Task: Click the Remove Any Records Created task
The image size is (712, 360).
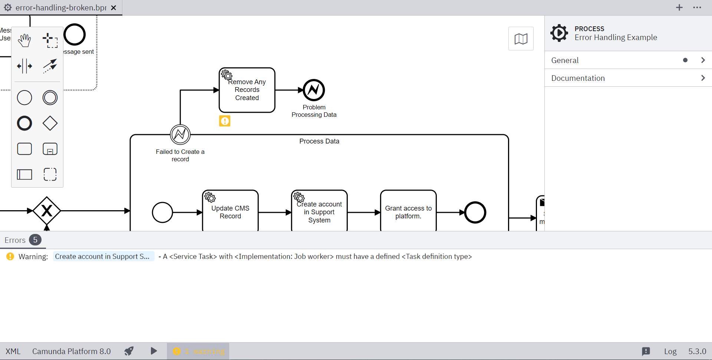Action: [x=247, y=90]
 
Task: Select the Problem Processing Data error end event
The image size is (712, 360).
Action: [x=314, y=90]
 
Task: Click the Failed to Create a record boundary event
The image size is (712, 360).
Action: [x=180, y=135]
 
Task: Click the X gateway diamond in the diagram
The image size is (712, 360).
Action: [x=47, y=211]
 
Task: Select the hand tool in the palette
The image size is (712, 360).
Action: [x=24, y=40]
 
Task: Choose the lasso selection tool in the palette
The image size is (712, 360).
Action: [x=50, y=40]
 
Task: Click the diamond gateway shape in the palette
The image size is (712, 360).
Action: [x=50, y=123]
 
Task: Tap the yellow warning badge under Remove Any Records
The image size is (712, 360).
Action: [x=225, y=121]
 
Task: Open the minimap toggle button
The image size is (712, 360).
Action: [x=521, y=39]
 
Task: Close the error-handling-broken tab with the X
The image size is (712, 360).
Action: [x=114, y=8]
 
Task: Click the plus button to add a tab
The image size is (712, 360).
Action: [x=679, y=7]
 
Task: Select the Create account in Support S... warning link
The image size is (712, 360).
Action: [x=103, y=257]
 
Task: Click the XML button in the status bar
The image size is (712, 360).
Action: [x=13, y=351]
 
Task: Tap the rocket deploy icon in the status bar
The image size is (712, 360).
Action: [x=129, y=351]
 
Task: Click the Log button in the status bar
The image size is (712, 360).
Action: [x=670, y=351]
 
